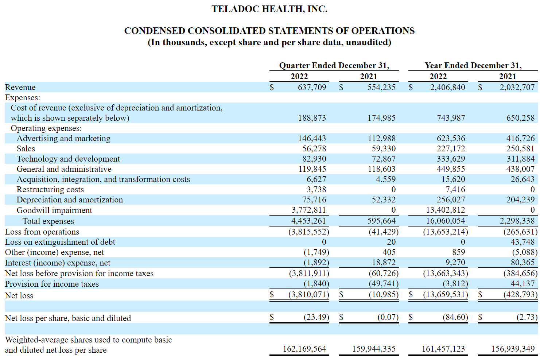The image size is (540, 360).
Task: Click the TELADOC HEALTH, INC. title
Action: [269, 9]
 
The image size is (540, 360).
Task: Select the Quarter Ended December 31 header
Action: [334, 65]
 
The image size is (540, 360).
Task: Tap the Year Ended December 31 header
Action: [473, 65]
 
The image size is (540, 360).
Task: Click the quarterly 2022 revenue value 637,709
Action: [312, 87]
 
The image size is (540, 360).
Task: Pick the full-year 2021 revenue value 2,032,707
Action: [517, 87]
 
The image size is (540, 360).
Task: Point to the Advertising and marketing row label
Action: [63, 138]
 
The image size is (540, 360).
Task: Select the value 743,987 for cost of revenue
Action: [451, 118]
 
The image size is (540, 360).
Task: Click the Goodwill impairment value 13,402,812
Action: [446, 210]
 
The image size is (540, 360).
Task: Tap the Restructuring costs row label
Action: [50, 190]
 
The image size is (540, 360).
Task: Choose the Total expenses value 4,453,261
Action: [308, 221]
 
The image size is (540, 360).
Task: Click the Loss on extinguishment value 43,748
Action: [522, 242]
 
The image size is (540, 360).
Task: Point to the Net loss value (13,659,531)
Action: [446, 294]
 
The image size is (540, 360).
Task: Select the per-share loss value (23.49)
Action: [316, 317]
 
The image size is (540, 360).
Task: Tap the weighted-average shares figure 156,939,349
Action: [513, 349]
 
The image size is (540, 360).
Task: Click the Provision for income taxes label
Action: [52, 284]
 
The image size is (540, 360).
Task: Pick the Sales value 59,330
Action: [384, 148]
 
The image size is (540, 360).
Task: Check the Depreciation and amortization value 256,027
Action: [451, 200]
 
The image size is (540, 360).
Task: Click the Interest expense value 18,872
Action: [384, 262]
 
